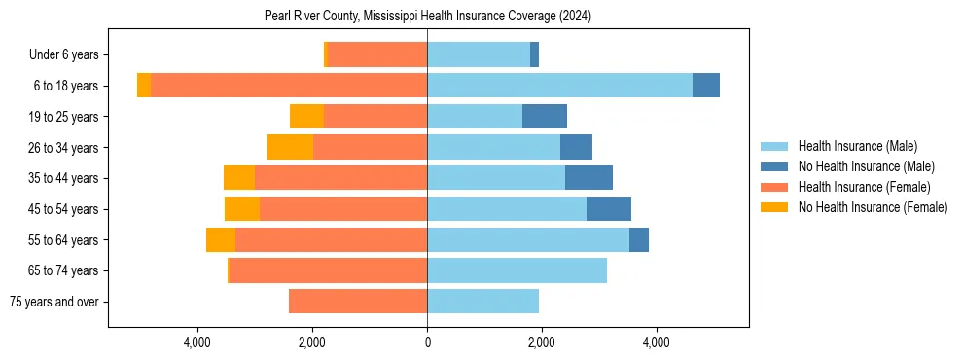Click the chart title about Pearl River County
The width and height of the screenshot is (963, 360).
428,17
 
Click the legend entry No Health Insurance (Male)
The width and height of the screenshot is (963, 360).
866,166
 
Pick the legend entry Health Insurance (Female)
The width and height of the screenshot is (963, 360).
864,187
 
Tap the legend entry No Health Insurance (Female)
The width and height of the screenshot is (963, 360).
873,207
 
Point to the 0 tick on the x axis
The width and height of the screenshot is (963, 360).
427,342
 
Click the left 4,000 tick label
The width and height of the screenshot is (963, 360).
197,342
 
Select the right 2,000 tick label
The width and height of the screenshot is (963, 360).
542,342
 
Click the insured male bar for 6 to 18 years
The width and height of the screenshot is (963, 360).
559,86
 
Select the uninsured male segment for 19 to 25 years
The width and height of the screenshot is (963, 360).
545,117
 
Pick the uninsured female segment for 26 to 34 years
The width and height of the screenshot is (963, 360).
290,147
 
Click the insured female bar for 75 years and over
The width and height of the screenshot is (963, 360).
358,302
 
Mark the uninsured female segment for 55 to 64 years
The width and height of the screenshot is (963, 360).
221,239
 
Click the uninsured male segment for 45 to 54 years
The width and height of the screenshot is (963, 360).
609,209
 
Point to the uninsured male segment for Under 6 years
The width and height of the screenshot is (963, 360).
534,55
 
